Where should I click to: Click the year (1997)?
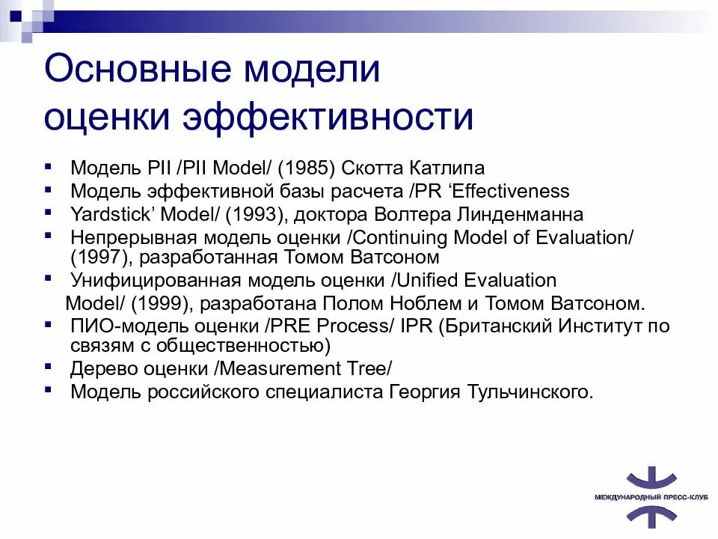[96, 258]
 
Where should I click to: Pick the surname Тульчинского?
[530, 392]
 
